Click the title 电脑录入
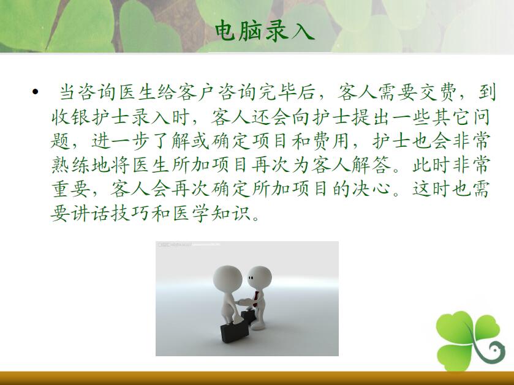pos(265,31)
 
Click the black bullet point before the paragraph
pos(36,92)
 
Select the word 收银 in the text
pos(71,117)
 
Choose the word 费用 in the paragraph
pos(329,141)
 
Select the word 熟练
pos(71,165)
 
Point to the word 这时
pos(431,189)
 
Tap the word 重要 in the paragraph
pos(71,189)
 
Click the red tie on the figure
pos(255,299)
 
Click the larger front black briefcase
pos(235,332)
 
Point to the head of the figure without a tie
pos(227,279)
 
